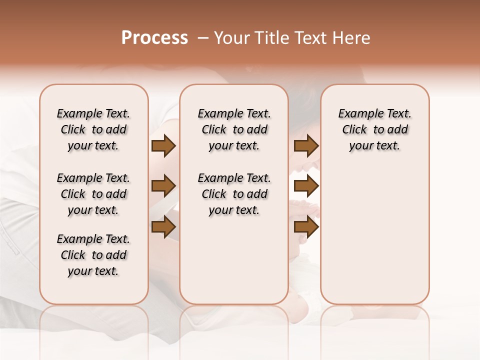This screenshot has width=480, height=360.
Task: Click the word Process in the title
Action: point(154,38)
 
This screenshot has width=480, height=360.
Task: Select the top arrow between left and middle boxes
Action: point(163,145)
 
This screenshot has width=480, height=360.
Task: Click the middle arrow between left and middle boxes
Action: point(163,186)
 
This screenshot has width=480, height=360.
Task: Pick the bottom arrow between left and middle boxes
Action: point(163,227)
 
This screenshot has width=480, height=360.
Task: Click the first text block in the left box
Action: point(93,129)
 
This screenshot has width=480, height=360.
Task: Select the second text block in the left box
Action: point(93,194)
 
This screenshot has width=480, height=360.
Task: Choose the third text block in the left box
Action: point(93,255)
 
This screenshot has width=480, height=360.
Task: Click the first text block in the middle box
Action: point(234,129)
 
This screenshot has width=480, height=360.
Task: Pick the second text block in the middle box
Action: point(234,194)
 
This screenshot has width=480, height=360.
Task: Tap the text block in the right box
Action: point(374,129)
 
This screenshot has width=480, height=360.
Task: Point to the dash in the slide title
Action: point(203,38)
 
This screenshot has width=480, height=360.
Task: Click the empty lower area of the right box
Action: point(374,235)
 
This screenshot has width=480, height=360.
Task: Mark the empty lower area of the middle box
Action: point(234,260)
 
